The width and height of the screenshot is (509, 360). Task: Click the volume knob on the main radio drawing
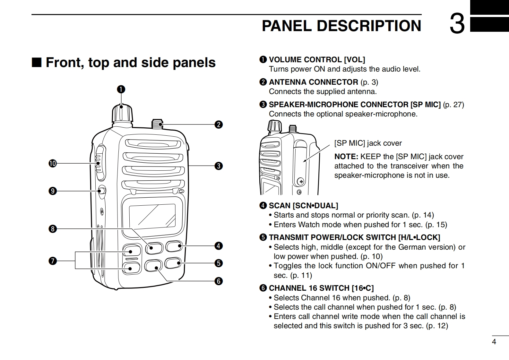tap(122, 113)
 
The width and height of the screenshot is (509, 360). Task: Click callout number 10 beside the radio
tap(52, 164)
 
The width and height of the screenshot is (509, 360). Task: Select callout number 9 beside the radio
tap(52, 191)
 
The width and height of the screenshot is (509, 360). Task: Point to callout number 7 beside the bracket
tap(52, 261)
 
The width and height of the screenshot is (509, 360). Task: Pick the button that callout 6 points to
tap(153, 266)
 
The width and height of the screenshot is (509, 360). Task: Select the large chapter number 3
tap(457, 24)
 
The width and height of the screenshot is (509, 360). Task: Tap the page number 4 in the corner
tap(494, 342)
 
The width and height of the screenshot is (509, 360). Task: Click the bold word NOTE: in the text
tap(346, 157)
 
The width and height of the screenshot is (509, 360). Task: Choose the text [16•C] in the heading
tap(363, 288)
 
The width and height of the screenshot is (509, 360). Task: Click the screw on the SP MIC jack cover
tap(301, 182)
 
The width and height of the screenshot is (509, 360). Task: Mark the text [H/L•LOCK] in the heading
tap(419, 237)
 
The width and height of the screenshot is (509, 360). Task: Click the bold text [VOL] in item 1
tap(354, 60)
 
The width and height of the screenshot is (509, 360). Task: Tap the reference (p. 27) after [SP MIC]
tap(453, 105)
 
